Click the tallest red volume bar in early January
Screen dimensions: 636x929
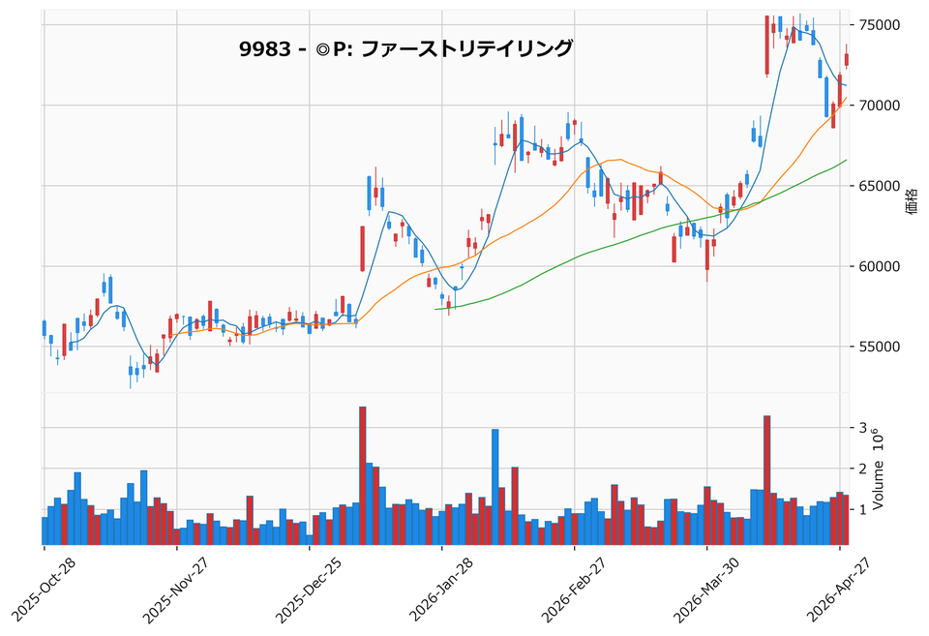(362, 474)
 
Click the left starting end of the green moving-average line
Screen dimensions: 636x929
(437, 309)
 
